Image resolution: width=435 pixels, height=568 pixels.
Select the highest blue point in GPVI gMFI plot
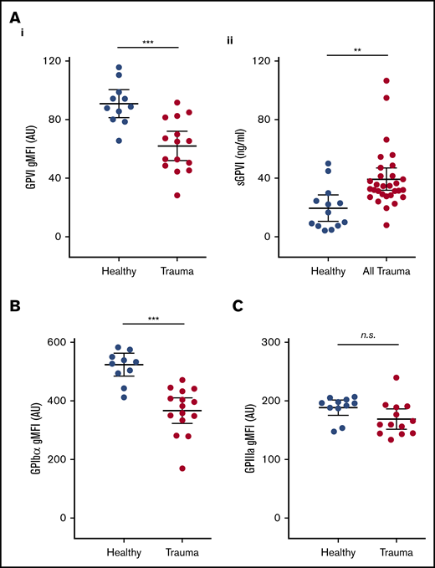click(x=120, y=68)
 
